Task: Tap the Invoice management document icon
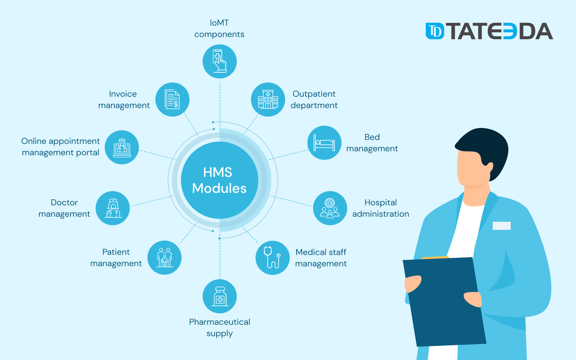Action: [x=172, y=100]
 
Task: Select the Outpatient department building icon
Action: [x=268, y=100]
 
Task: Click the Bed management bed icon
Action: [x=324, y=143]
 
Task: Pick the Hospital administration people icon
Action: [x=330, y=208]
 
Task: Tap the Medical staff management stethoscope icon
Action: [x=272, y=258]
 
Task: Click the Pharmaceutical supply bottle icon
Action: [x=220, y=296]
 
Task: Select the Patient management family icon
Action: [x=164, y=258]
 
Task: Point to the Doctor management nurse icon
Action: [x=113, y=208]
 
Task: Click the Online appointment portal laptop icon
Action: [x=122, y=148]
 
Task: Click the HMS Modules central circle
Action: [x=219, y=180]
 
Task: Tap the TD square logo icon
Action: [x=435, y=31]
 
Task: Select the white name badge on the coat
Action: [x=501, y=226]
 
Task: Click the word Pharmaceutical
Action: [x=220, y=322]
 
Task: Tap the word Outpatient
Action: [x=314, y=94]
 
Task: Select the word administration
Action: [x=381, y=214]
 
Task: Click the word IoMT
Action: [x=219, y=23]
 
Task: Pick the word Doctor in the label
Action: [x=64, y=202]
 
